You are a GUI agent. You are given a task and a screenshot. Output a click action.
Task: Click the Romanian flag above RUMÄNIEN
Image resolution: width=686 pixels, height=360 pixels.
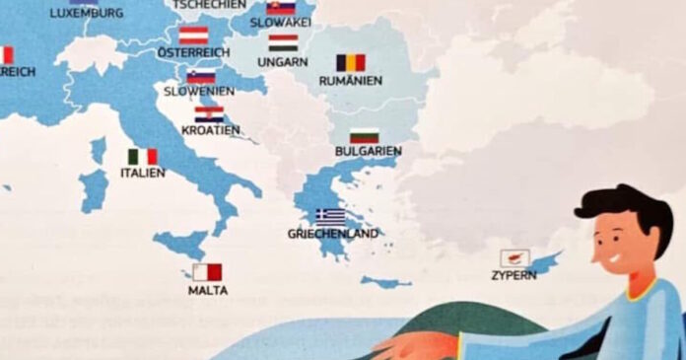pos(350,62)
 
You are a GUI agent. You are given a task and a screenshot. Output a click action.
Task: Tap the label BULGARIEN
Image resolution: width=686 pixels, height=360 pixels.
pos(368,151)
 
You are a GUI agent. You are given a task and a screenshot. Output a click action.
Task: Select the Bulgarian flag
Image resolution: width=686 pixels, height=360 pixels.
pos(364,135)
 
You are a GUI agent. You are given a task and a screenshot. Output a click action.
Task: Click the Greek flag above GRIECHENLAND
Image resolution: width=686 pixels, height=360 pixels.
pos(330,216)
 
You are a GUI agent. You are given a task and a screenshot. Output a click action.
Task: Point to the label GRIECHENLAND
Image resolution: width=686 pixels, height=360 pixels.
pos(332,234)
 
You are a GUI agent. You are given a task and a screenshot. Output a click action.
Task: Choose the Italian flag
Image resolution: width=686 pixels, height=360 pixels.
pos(142,157)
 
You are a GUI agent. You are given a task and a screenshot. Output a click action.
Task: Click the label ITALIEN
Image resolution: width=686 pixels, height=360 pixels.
pos(143,173)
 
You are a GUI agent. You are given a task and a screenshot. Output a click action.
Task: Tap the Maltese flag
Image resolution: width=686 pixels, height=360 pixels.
pos(207,272)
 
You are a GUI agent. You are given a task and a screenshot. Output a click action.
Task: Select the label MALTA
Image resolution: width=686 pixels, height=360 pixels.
pos(207,290)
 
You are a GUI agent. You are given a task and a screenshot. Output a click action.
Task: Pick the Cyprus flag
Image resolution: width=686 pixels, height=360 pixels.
pos(514,258)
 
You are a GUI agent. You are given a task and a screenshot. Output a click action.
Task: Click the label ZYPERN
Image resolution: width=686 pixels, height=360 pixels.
pos(514,275)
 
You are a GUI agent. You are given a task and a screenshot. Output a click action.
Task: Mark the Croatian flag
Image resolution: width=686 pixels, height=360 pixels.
pos(209,114)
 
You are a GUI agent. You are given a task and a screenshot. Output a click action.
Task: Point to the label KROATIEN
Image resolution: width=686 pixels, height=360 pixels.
pos(210,130)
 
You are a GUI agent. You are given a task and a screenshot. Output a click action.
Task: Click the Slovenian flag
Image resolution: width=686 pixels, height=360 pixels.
pos(201,77)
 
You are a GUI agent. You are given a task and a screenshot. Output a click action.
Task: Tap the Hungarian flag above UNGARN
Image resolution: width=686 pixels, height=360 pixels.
pos(283,43)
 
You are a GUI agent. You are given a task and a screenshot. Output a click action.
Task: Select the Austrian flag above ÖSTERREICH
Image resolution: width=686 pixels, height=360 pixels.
pos(193,35)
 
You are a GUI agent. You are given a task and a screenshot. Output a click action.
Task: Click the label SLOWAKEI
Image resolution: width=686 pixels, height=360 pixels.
pos(280,22)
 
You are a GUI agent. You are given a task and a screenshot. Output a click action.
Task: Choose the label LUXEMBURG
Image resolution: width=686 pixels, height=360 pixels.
pos(87,13)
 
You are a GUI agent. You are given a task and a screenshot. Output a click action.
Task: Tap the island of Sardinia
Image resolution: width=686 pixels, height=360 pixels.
pos(94,189)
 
